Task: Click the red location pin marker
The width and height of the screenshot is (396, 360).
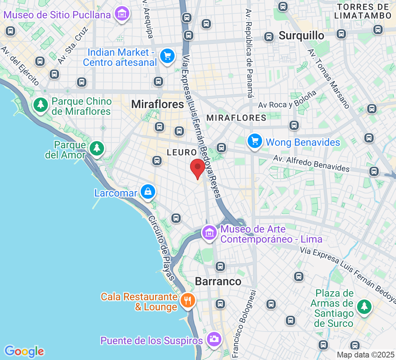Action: (x=197, y=168)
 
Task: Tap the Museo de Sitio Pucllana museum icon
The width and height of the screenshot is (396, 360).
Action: (x=122, y=14)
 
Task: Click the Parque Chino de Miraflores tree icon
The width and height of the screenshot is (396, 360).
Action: (x=41, y=105)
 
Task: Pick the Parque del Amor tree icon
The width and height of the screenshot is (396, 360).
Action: (x=96, y=148)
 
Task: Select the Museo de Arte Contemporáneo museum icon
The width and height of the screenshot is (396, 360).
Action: (x=209, y=233)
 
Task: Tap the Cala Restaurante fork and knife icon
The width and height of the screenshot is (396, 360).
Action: (x=188, y=300)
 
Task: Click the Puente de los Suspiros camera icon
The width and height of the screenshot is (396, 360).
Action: (x=214, y=339)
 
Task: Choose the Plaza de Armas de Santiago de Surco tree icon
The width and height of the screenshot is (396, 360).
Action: (x=364, y=307)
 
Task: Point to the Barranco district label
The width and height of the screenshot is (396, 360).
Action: (x=218, y=281)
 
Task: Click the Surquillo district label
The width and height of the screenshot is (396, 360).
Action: (x=301, y=36)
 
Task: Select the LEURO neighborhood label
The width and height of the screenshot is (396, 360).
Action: (x=182, y=153)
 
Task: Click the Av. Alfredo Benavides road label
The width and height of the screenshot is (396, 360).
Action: (x=311, y=163)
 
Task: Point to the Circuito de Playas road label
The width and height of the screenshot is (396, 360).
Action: (x=161, y=248)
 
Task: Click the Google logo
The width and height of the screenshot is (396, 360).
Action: (x=24, y=351)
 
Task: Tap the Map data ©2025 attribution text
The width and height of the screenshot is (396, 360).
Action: (x=365, y=355)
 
